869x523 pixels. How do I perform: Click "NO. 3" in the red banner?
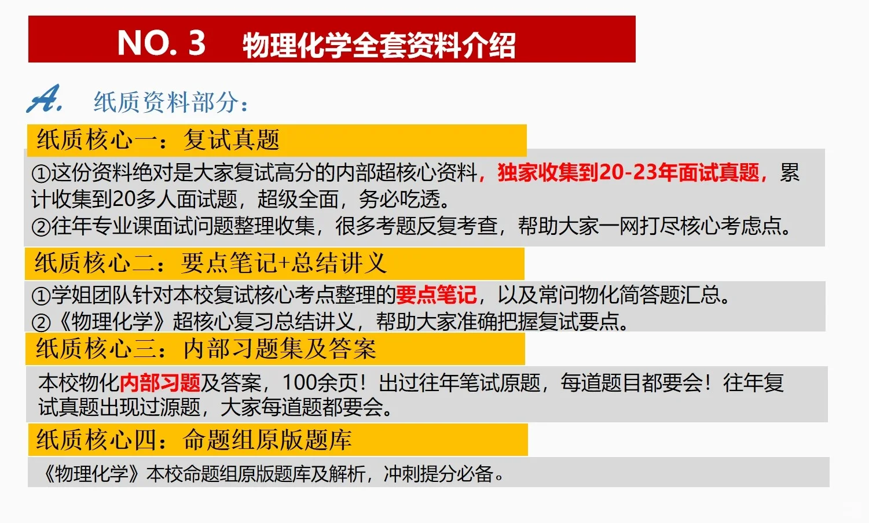(x=161, y=43)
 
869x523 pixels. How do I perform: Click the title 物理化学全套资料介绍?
(x=379, y=45)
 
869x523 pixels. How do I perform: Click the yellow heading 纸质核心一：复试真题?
(x=158, y=139)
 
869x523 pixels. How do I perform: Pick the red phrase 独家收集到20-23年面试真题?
(x=628, y=172)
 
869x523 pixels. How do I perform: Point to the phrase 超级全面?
(x=298, y=199)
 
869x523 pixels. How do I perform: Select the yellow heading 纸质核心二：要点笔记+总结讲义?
(x=210, y=263)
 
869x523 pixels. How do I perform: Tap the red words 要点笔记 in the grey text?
(x=436, y=295)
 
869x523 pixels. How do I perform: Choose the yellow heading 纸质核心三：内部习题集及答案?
(x=206, y=349)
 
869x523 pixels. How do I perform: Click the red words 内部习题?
(x=160, y=382)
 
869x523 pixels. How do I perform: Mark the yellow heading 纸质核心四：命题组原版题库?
(x=194, y=440)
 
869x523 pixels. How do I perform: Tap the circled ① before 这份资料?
(x=41, y=173)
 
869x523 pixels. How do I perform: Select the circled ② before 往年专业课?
(x=41, y=226)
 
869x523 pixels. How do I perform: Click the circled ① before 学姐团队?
(x=41, y=296)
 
